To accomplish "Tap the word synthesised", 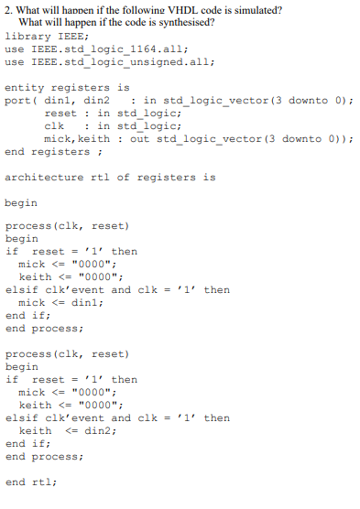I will pyautogui.click(x=182, y=22).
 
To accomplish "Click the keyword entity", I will pyautogui.click(x=24, y=87).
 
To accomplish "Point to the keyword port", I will pyautogui.click(x=18, y=100).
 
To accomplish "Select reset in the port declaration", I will pyautogui.click(x=60, y=113).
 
